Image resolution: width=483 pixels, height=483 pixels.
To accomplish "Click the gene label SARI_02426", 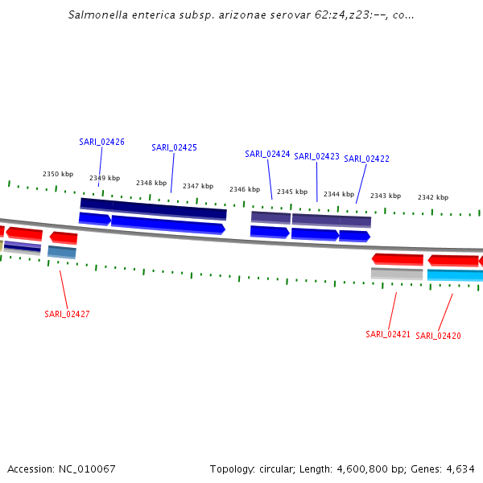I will pos(101,142).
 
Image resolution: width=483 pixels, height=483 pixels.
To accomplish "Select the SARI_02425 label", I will pos(174,147).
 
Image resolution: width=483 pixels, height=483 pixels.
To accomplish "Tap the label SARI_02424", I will pos(267,154).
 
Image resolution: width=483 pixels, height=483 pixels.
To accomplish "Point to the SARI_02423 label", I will pos(316,156).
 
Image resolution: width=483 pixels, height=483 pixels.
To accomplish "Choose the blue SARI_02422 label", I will pos(366,159).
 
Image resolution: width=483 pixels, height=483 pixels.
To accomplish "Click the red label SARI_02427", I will pos(67,314).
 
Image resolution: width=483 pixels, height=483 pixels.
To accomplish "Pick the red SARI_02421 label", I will pos(388,334).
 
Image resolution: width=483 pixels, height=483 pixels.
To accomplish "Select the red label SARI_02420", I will pos(438,336).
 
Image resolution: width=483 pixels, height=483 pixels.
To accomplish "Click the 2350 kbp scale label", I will pos(58,174).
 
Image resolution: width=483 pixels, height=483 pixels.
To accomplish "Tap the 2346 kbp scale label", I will pos(245,189).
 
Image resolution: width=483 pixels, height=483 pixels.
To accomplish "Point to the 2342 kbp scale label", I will pos(433,197).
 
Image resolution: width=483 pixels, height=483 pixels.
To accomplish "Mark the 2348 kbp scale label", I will pos(151,183).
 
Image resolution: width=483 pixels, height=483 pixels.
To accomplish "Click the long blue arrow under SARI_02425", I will pos(167,225).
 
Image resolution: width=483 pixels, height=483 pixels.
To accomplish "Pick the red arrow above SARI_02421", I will pos(397,259).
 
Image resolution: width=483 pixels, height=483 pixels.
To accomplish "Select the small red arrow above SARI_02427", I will pos(64,237).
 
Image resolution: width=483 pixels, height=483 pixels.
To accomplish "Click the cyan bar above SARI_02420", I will pos(455,275).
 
